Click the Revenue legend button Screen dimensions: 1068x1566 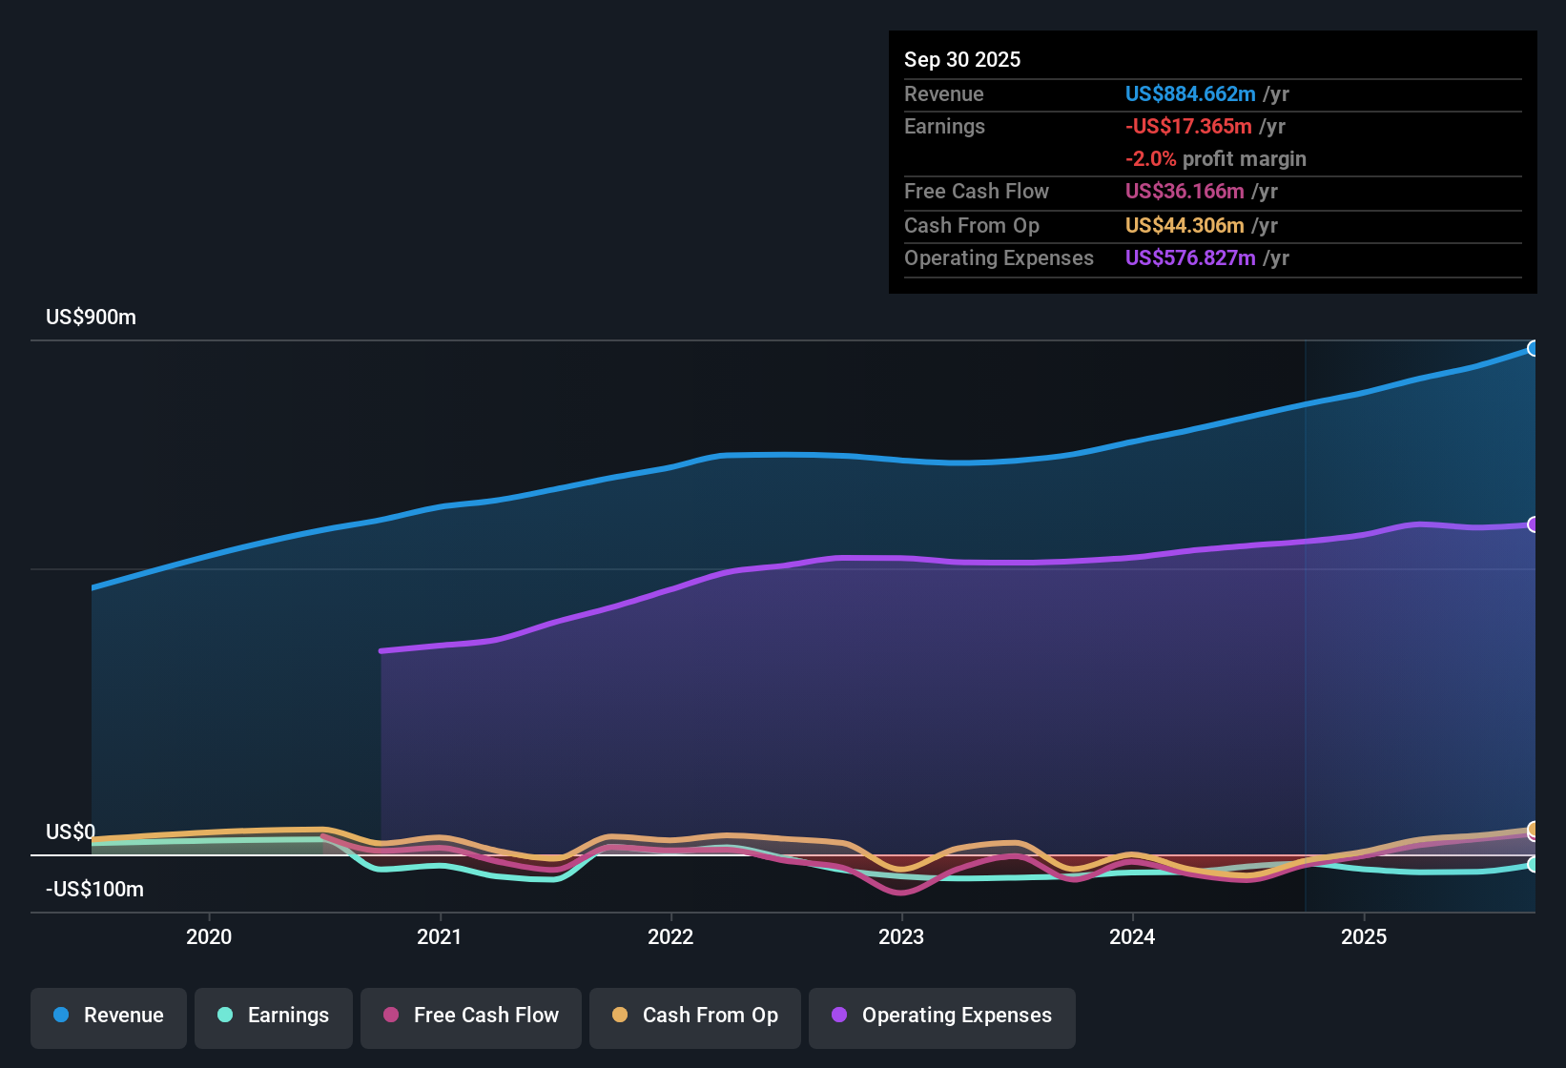tap(109, 1016)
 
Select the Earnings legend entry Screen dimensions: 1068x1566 tap(274, 1016)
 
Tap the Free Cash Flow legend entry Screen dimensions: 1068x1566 tap(471, 1016)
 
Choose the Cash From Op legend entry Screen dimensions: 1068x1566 tap(695, 1016)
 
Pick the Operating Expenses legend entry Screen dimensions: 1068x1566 tap(942, 1016)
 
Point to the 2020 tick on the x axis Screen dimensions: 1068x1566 tap(209, 936)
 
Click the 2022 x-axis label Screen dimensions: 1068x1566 tap(670, 936)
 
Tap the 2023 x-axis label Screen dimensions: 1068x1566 tap(901, 936)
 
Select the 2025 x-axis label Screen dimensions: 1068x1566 tap(1364, 936)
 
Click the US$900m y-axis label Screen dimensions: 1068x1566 tap(91, 318)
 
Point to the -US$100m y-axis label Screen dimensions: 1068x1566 tap(94, 890)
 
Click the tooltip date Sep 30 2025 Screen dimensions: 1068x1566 tap(962, 60)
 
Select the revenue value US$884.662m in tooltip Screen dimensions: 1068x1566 tap(1190, 93)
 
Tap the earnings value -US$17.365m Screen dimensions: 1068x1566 tap(1188, 126)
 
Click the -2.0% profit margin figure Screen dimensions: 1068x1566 tap(1151, 159)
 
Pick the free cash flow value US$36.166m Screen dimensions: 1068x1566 tap(1185, 192)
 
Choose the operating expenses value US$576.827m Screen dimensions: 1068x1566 tap(1190, 258)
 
